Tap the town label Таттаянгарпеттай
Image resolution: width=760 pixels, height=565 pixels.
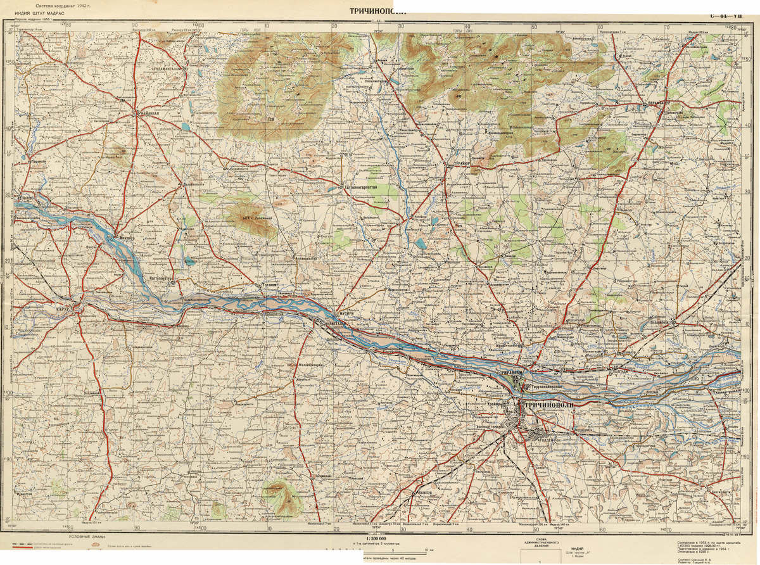360,188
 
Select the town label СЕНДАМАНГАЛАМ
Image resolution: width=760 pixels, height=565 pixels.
155,68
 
